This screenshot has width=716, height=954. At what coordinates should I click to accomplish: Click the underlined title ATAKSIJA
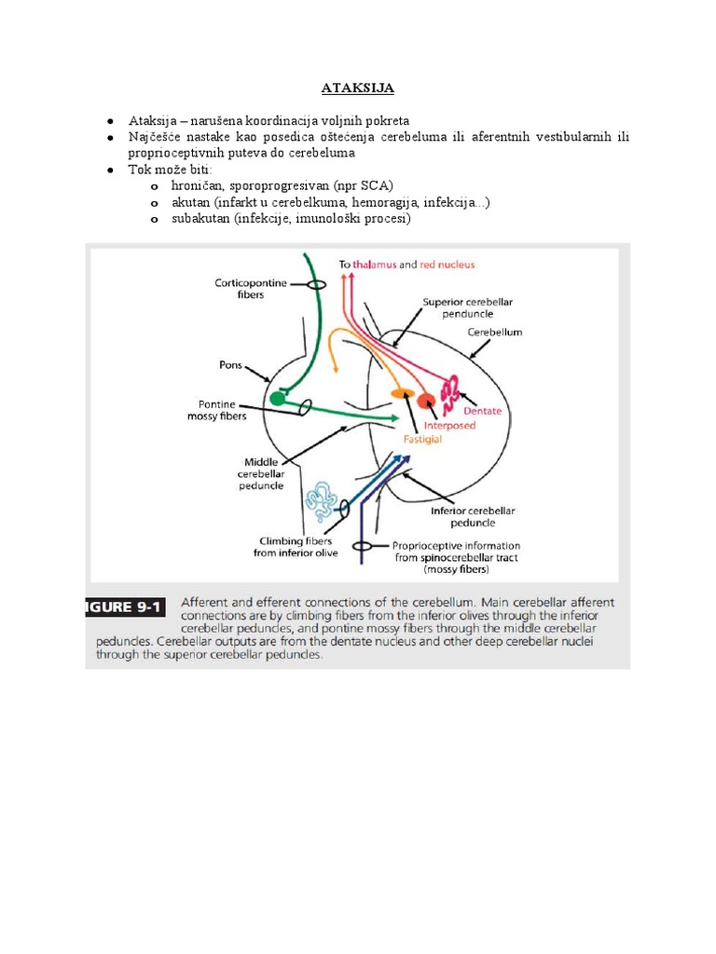click(x=358, y=89)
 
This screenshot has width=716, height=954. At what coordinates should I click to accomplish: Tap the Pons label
click(x=229, y=365)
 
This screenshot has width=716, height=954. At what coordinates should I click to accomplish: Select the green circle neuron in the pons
click(x=277, y=399)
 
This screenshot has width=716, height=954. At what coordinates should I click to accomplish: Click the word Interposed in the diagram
click(x=449, y=425)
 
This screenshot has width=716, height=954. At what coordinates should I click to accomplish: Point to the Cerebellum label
click(x=494, y=332)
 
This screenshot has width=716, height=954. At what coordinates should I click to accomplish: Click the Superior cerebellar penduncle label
click(x=467, y=308)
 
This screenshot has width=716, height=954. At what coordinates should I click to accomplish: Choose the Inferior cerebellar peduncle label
click(x=473, y=516)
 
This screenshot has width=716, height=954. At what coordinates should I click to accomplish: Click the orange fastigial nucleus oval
click(x=402, y=394)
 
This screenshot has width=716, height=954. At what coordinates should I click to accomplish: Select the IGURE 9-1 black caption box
click(x=125, y=606)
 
